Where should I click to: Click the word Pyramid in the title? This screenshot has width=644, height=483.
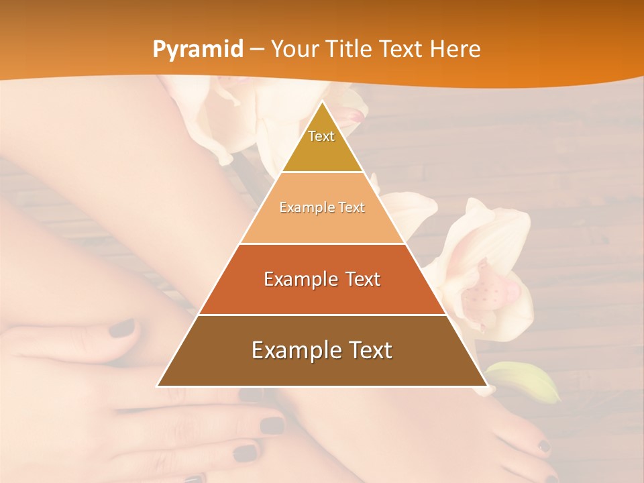tap(198, 49)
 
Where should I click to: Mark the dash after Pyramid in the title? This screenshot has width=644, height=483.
tap(257, 50)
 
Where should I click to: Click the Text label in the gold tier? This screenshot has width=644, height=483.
tap(321, 136)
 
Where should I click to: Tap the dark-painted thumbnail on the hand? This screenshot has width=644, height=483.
tap(122, 328)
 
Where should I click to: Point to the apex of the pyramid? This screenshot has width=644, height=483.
tap(322, 102)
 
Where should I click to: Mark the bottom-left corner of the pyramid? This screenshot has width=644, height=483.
tap(158, 386)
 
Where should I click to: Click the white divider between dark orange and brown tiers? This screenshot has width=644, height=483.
tap(322, 315)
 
